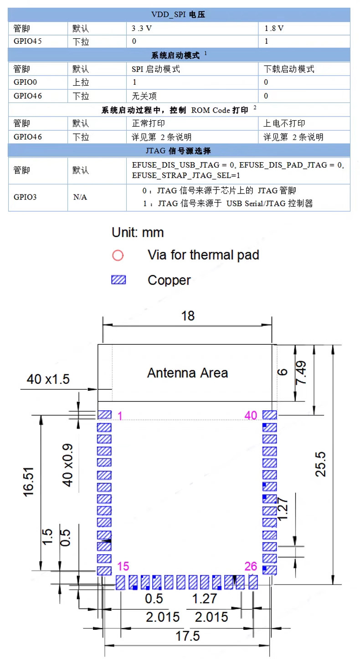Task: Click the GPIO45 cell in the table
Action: point(28,41)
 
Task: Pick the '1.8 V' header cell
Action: point(274,28)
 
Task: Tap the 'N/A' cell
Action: point(80,197)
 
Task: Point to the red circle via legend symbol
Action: point(118,255)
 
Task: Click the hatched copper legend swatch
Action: point(118,280)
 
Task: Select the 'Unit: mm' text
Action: point(138,232)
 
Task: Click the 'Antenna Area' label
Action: point(187,373)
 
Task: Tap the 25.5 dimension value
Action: point(321,464)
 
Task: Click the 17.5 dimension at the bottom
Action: point(188,635)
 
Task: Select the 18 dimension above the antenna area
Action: point(188,316)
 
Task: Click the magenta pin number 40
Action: point(251,415)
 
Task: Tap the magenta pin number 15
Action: point(123,567)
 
